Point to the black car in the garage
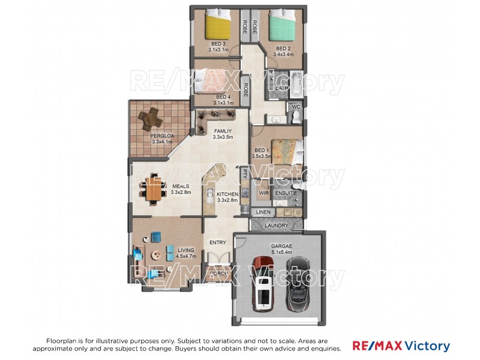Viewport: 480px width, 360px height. pos(298,282)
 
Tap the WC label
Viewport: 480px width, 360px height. pos(295,107)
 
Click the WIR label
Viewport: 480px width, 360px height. pos(263,194)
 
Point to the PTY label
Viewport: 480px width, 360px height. pos(245,173)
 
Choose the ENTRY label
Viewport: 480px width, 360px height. pos(217,242)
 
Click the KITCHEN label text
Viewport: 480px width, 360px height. pos(227,194)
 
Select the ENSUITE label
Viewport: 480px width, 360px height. pos(286,194)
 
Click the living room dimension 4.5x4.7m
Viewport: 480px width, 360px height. pos(170,256)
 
